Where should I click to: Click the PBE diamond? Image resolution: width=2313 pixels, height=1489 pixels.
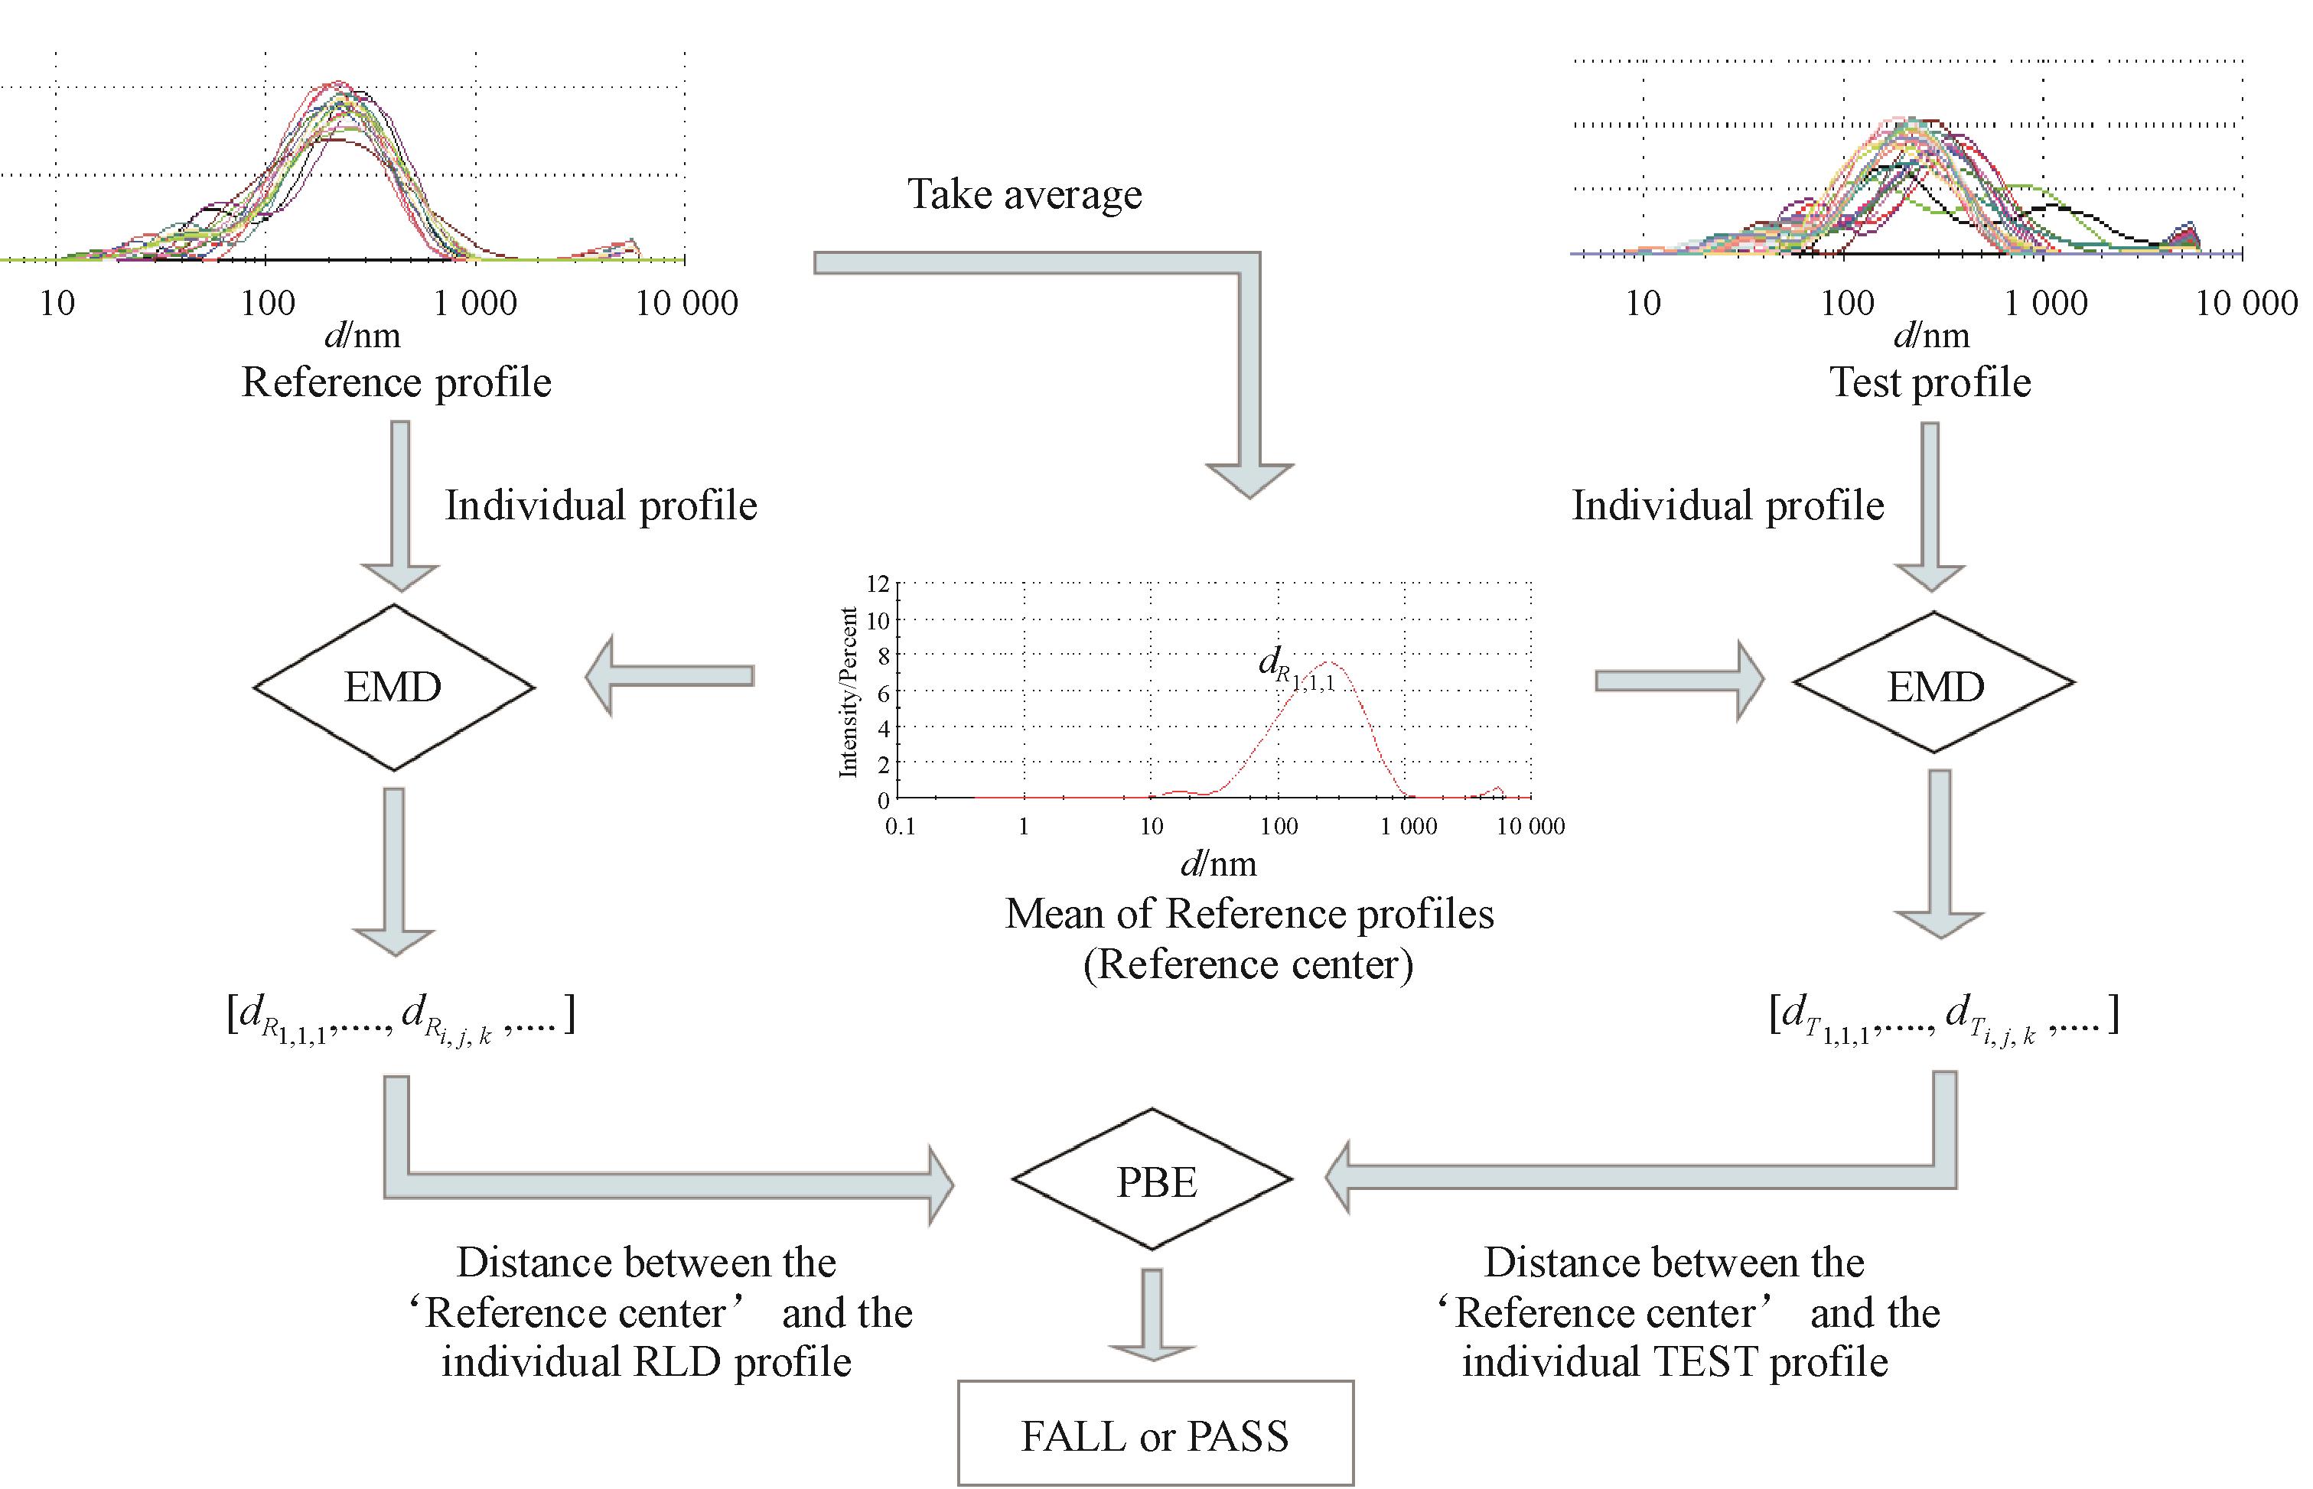click(x=1152, y=1179)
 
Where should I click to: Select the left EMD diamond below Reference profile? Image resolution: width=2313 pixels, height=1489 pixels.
click(x=394, y=688)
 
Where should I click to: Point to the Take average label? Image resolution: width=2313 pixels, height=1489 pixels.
click(x=1025, y=194)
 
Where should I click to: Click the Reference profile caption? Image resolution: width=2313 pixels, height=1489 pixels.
click(x=396, y=382)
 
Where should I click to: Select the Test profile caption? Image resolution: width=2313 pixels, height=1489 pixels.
click(x=1930, y=382)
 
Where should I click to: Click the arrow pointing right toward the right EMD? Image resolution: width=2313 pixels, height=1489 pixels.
click(x=1679, y=681)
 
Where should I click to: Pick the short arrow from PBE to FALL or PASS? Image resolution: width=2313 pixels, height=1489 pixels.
click(x=1152, y=1315)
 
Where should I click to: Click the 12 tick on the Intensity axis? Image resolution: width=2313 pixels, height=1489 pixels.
click(x=876, y=583)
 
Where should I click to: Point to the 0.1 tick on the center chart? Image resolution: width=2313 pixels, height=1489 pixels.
click(x=900, y=827)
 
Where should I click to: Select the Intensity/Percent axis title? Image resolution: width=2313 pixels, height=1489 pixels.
click(x=849, y=691)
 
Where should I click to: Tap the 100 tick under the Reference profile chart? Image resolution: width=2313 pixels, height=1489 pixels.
click(x=268, y=304)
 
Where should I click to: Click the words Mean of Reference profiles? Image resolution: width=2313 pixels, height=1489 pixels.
click(x=1249, y=914)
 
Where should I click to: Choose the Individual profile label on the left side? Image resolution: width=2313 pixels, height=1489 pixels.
click(x=601, y=506)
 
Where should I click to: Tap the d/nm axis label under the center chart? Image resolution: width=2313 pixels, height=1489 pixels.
click(x=1219, y=863)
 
